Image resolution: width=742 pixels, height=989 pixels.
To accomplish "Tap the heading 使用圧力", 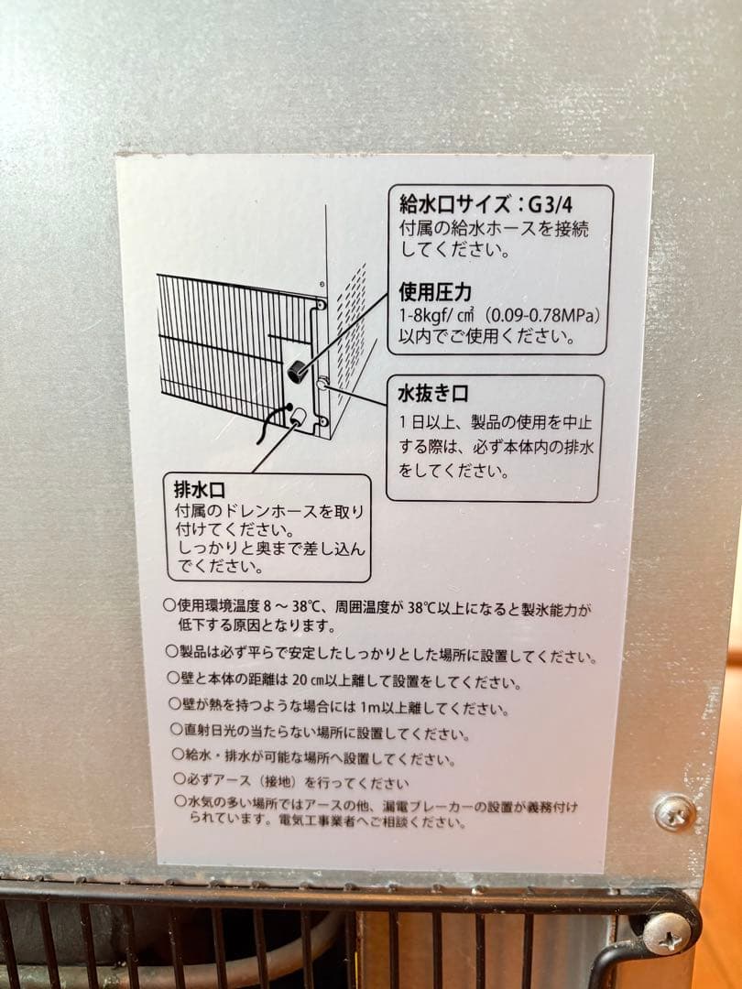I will tap(435, 292).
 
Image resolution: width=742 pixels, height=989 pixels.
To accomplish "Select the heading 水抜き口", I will tap(433, 395).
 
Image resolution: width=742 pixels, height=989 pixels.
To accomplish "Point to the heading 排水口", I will tap(199, 488).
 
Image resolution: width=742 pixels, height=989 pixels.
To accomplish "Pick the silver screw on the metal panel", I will tap(675, 811).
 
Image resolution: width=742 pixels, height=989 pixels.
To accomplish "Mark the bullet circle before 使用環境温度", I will tap(169, 604).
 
